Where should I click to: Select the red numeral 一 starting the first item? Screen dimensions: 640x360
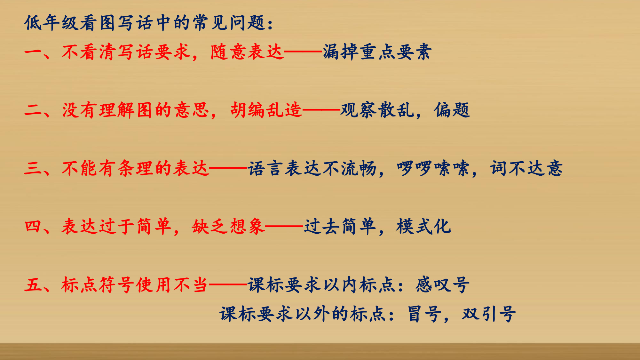point(33,52)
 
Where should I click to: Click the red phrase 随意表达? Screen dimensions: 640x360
point(247,52)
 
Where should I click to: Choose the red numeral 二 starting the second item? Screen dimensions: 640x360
point(33,110)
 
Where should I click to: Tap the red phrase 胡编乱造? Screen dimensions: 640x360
point(266,110)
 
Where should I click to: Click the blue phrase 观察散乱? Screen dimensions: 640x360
point(377,110)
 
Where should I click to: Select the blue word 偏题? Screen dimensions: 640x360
point(452,110)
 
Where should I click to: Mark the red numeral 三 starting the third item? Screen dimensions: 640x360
point(33,168)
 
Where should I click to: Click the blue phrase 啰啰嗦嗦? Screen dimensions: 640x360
point(433,168)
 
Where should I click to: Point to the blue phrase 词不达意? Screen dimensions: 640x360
point(526,168)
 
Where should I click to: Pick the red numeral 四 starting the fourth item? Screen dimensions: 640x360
point(33,227)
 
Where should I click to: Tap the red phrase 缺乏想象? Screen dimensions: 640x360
point(228,227)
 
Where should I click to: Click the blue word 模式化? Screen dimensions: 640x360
point(424,227)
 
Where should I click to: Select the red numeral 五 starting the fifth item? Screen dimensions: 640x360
point(33,285)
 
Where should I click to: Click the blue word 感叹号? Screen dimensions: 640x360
point(443,285)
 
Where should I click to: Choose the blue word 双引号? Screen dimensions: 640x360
point(489,314)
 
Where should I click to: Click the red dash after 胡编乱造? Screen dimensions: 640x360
point(321,110)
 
